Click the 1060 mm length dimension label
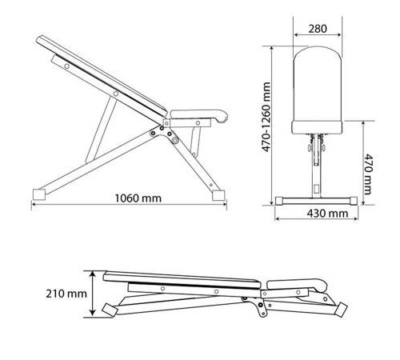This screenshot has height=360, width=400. coord(138,198)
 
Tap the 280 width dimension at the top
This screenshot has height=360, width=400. coord(318,29)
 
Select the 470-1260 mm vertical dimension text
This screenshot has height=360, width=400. coord(266,117)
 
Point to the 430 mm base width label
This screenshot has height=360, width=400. coord(327,214)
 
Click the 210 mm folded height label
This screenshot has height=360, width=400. coord(66,294)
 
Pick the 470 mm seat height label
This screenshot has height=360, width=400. coord(368,174)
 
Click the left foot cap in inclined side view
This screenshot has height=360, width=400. coord(39,194)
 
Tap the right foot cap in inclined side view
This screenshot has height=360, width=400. coord(218,195)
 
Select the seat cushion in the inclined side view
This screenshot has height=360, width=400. coord(199,115)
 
